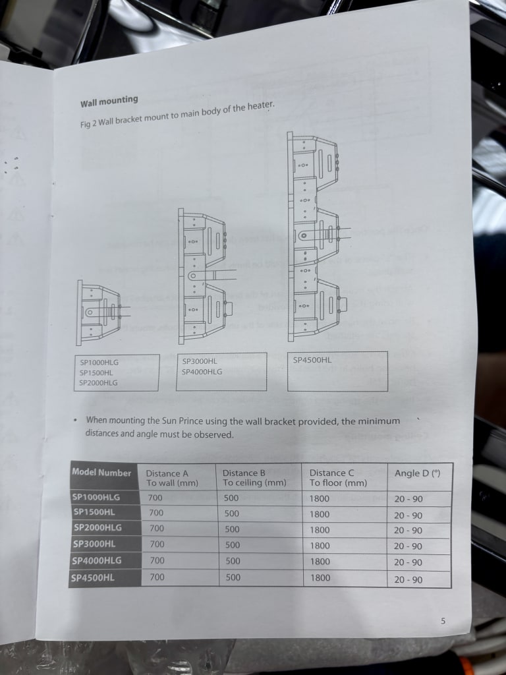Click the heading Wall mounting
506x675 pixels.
109,101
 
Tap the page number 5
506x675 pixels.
443,621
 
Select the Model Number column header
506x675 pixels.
101,472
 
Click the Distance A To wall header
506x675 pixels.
172,478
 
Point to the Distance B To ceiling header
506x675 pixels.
254,477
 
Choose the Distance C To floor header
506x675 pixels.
338,478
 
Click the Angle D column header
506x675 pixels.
417,473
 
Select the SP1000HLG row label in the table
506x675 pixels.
96,497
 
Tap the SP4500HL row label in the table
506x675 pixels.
93,577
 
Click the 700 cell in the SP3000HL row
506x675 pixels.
157,544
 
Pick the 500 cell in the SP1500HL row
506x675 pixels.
232,514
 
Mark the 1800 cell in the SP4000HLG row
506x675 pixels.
320,562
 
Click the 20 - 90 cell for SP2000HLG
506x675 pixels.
408,531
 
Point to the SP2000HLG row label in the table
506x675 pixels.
98,527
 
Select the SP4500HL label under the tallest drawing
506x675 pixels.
312,360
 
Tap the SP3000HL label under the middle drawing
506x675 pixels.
200,362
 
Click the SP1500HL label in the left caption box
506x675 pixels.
96,373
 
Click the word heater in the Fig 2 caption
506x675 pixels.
260,106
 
